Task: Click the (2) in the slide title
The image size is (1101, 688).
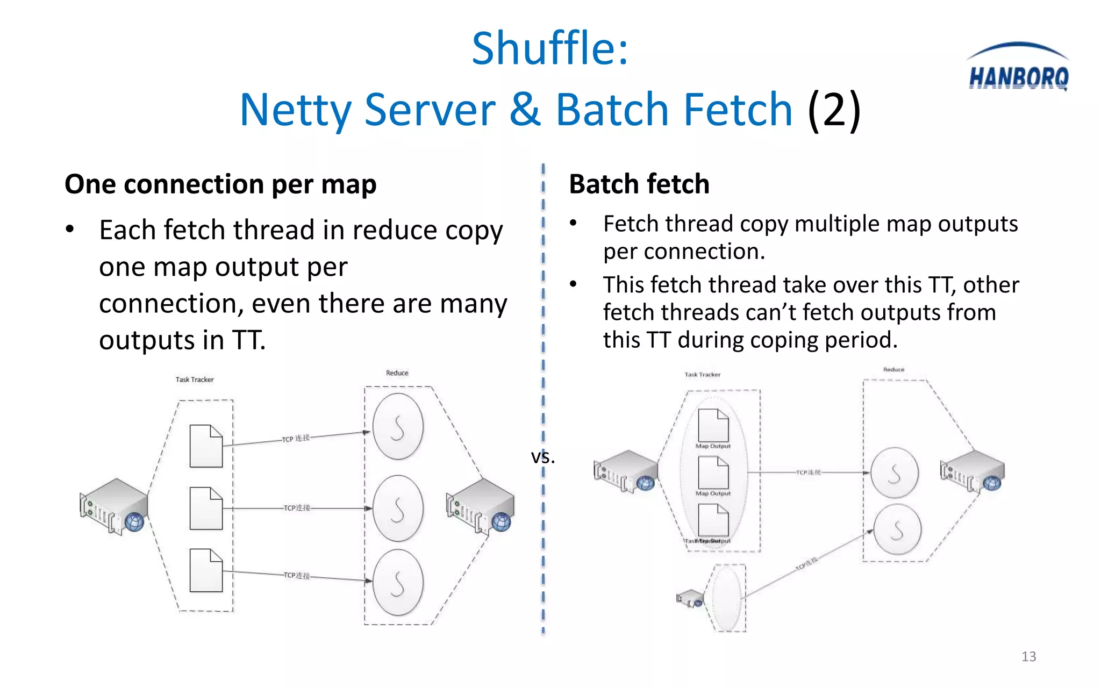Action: pos(834,110)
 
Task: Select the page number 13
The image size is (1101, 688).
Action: pos(1028,656)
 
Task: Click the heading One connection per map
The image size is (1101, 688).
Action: pos(220,184)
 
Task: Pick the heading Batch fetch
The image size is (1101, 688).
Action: pos(639,184)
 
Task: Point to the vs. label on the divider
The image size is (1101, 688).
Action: pos(542,457)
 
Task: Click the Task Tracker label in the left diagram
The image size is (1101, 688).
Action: pos(195,379)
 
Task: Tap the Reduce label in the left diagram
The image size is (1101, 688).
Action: pos(397,373)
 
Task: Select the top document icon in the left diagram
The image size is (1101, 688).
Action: pos(206,446)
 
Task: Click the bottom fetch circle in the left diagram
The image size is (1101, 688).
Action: pos(398,583)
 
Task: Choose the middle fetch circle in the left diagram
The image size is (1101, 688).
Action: pos(398,508)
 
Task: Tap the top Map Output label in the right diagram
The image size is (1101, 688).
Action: pos(713,446)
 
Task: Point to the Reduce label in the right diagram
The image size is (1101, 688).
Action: pos(893,370)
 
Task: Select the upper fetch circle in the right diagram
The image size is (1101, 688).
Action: pos(895,473)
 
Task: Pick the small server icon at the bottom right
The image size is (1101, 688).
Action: pos(690,599)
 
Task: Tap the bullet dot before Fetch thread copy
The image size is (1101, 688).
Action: pos(574,223)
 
